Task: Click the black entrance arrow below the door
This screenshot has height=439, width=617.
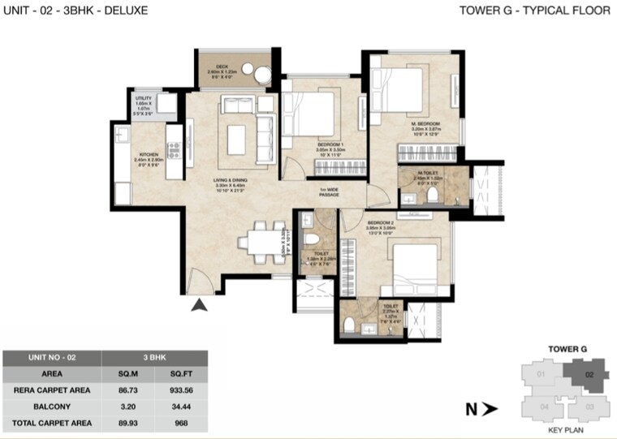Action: click(197, 306)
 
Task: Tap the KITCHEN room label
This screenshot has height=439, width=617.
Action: click(148, 153)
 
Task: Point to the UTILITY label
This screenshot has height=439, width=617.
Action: click(144, 99)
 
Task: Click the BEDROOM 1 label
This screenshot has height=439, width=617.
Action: click(331, 143)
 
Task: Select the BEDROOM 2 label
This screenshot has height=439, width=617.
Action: click(380, 222)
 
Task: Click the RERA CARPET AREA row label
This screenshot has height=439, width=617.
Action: click(52, 390)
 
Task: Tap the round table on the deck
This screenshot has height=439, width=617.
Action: click(261, 75)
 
